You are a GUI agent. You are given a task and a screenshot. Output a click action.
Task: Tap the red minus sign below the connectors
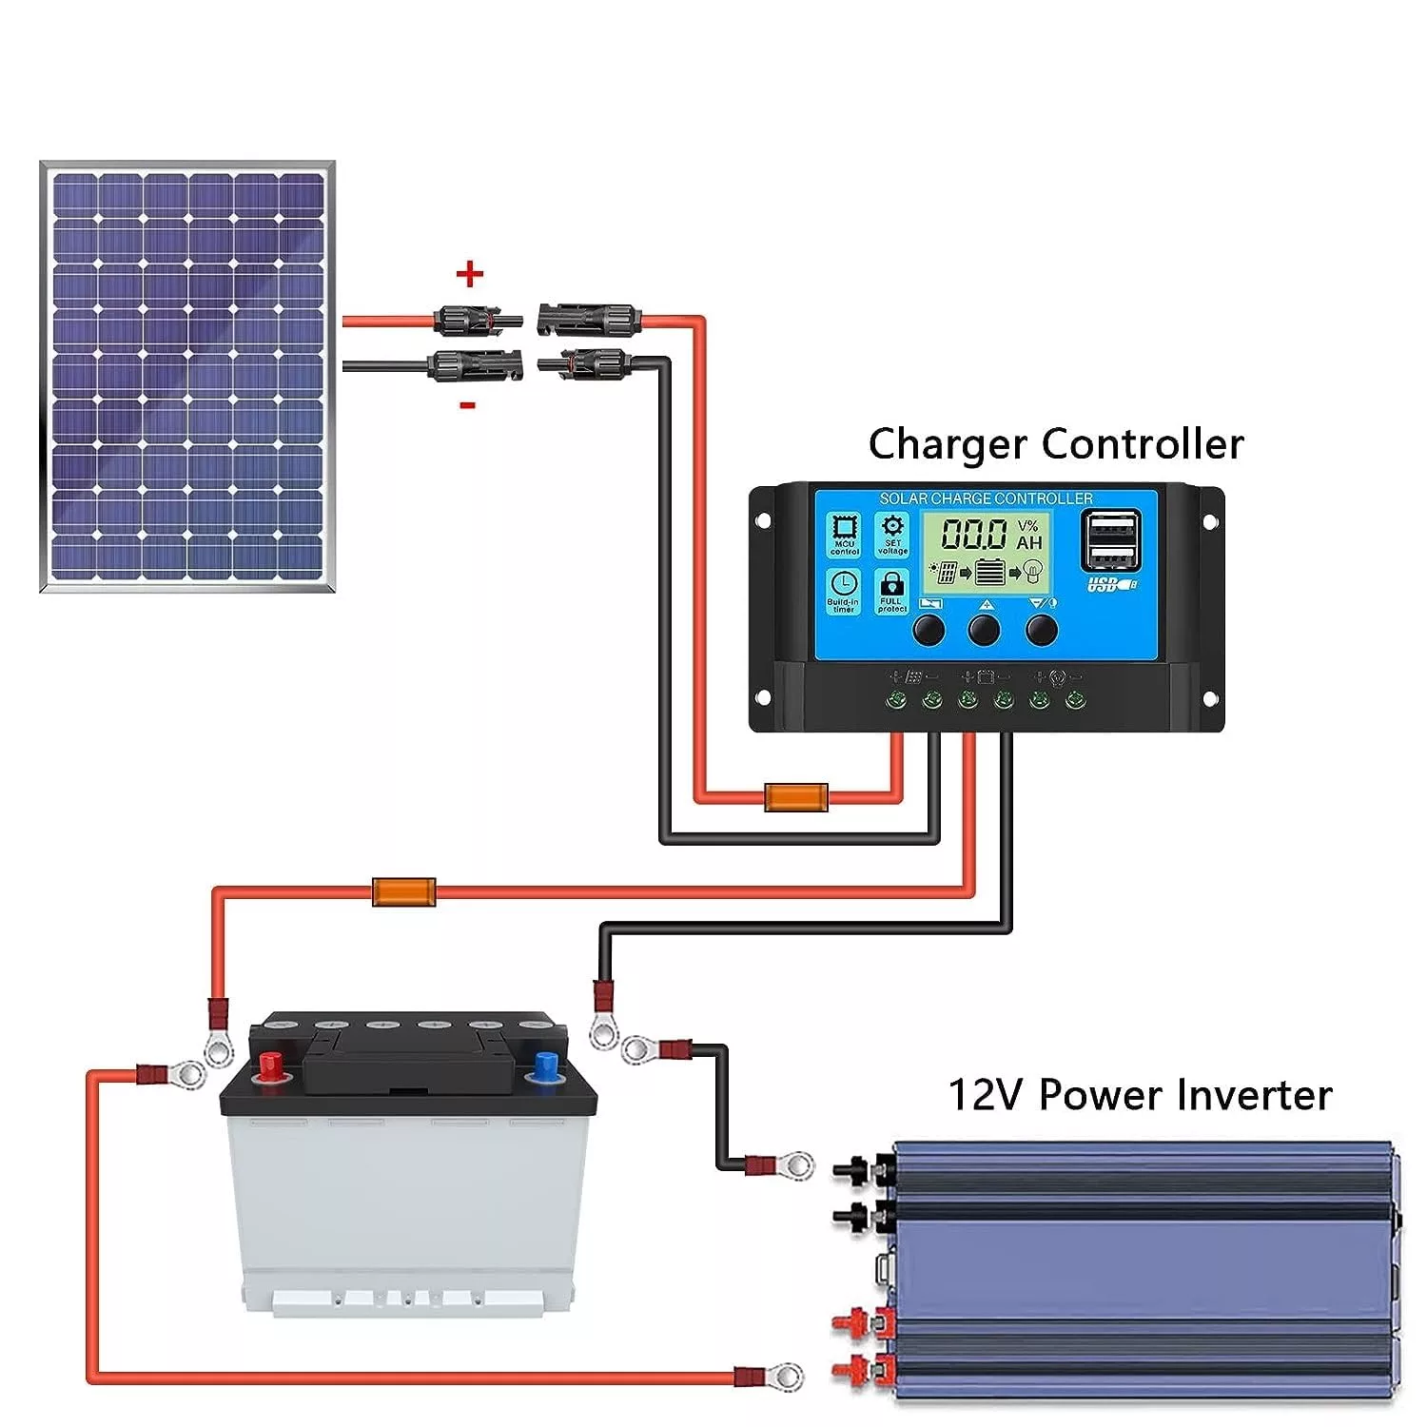pyautogui.click(x=467, y=405)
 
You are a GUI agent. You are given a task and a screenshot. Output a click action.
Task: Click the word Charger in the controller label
pyautogui.click(x=948, y=445)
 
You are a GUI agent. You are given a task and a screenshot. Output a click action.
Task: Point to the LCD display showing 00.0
pyautogui.click(x=990, y=552)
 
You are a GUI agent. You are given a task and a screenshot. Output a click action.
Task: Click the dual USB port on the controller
pyautogui.click(x=1111, y=539)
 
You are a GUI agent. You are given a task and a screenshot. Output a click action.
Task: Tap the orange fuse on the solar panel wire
pyautogui.click(x=796, y=797)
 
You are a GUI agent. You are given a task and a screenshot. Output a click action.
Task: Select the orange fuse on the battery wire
pyautogui.click(x=403, y=892)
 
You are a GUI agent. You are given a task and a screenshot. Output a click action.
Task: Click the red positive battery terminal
pyautogui.click(x=270, y=1065)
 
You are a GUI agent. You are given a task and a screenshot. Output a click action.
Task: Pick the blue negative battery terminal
pyautogui.click(x=546, y=1066)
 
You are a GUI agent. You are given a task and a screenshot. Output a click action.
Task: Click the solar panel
pyautogui.click(x=187, y=377)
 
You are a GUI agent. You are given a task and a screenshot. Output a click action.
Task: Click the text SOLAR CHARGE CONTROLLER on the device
pyautogui.click(x=986, y=498)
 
